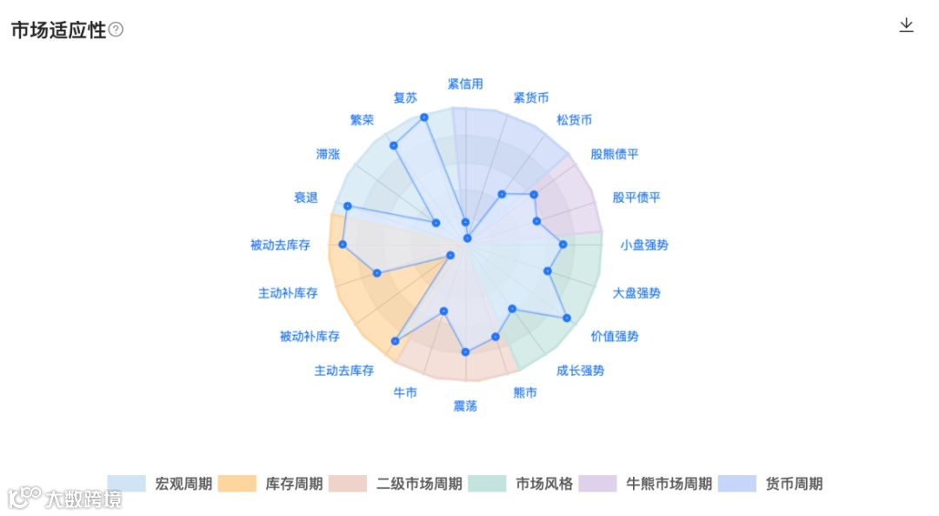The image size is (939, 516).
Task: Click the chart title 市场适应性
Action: point(58,30)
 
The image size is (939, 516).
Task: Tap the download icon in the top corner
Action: point(906,25)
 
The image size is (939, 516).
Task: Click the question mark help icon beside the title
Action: point(116,30)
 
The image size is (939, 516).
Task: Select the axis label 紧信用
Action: point(465,84)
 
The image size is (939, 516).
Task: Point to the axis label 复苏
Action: point(405,98)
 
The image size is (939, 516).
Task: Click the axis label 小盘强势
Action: point(644,245)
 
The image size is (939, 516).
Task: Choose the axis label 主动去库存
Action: point(344,371)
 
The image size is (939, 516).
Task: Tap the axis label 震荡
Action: point(465,406)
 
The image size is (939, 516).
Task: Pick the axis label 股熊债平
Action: point(615,155)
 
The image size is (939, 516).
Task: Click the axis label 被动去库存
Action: point(280,245)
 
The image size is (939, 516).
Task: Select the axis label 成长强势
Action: point(580,371)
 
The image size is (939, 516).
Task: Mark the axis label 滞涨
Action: point(328,155)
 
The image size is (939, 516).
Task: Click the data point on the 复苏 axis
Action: point(424,117)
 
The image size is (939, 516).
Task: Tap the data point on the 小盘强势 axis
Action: point(563,245)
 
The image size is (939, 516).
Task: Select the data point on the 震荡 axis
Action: point(465,352)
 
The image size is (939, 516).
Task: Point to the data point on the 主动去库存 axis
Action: point(396,341)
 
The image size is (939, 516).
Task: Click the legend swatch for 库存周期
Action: point(237,484)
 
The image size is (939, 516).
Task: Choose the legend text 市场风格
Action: point(544,484)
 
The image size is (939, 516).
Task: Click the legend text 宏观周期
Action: point(183,484)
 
